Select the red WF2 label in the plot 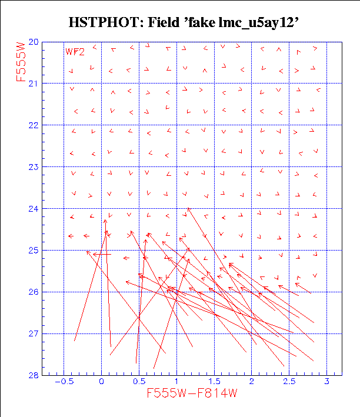tap(75, 52)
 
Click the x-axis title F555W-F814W tap(192, 394)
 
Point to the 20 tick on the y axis tap(34, 42)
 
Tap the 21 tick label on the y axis tap(34, 84)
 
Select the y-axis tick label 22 tap(34, 125)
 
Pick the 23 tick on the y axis tap(34, 167)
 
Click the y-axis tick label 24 tap(34, 209)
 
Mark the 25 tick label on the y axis tap(34, 251)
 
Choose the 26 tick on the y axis tap(34, 292)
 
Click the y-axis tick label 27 tap(34, 334)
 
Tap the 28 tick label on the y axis tap(34, 375)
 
